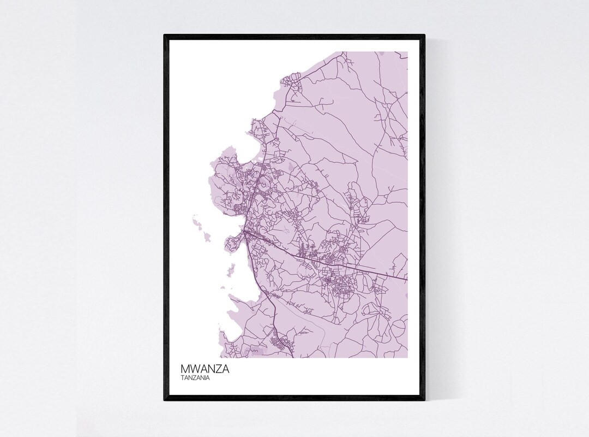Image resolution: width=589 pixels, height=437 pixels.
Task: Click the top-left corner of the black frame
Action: click(165, 36)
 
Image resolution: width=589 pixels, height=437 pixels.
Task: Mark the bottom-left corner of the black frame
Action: click(165, 400)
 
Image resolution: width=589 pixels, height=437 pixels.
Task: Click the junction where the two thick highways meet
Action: click(247, 233)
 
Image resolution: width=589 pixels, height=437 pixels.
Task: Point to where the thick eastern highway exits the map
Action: click(407, 280)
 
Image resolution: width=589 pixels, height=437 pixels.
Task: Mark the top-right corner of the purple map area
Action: click(407, 52)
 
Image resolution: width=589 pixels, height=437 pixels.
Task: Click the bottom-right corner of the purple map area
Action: click(407, 358)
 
